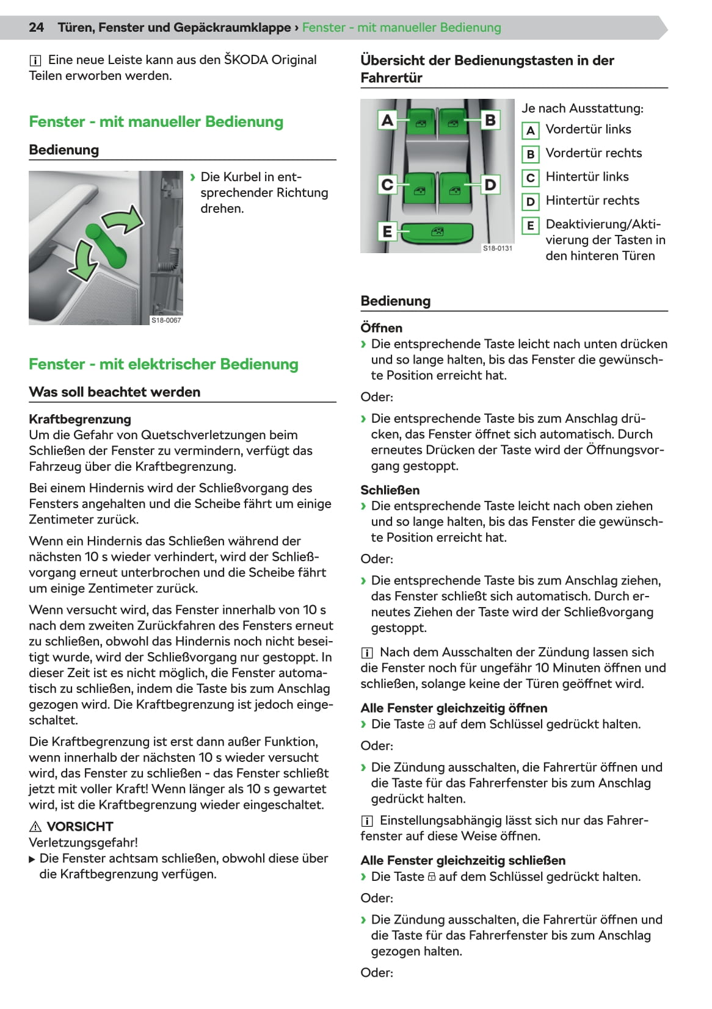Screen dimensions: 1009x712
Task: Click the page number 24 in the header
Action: [37, 27]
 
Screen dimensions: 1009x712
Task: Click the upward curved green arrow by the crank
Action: [125, 220]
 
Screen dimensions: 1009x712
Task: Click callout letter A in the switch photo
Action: [387, 120]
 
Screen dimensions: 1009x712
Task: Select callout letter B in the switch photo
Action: [490, 120]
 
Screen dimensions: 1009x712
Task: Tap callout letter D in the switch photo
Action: [490, 184]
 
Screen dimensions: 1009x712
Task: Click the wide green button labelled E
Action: [437, 232]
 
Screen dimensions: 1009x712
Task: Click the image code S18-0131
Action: [498, 248]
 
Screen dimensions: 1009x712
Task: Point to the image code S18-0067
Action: [166, 320]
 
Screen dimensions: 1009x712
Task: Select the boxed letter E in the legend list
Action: [530, 226]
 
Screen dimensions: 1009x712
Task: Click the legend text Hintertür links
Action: [587, 177]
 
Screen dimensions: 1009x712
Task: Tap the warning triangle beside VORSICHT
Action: [35, 827]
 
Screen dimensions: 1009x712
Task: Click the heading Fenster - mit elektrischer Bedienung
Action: [164, 364]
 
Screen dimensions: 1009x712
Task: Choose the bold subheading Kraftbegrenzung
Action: [80, 419]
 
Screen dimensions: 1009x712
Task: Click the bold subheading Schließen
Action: [390, 490]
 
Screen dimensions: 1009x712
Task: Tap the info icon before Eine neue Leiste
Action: [35, 60]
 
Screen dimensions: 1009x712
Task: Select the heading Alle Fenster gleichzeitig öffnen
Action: [454, 708]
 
